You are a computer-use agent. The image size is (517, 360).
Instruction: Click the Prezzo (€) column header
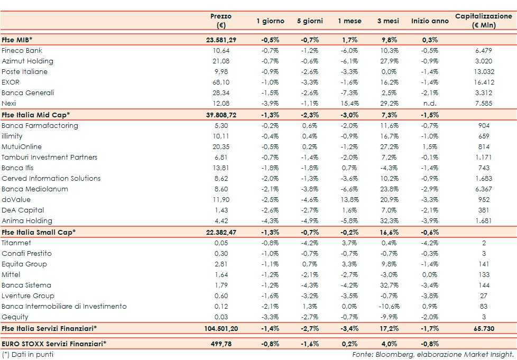(220, 21)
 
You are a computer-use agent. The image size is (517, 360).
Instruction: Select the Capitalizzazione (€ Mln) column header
(483, 21)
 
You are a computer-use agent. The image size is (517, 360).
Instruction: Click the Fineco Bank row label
(22, 51)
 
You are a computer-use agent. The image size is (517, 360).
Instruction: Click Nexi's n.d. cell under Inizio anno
(430, 104)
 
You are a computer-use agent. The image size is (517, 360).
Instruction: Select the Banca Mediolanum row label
(34, 189)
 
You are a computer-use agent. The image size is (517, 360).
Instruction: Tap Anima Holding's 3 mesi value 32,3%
(388, 221)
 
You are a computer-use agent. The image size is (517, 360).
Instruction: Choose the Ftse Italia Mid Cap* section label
(36, 115)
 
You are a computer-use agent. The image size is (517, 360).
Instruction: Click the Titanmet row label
(16, 243)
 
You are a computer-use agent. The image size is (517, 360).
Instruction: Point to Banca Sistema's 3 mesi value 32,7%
(388, 285)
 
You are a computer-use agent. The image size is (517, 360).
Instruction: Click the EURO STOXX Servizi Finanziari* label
(53, 344)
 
